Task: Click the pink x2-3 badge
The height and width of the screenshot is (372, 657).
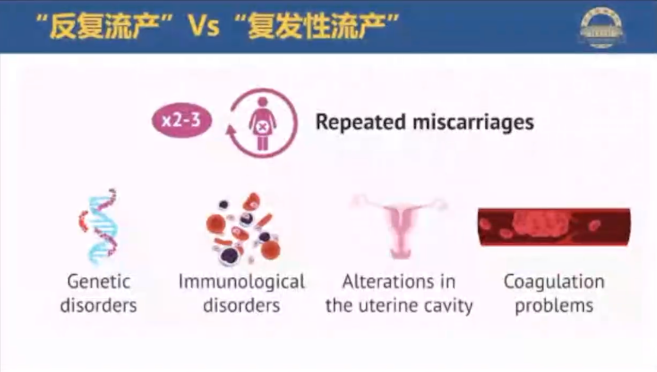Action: pos(182,120)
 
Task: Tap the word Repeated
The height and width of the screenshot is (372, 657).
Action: pos(361,122)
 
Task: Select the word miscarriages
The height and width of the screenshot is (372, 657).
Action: pos(474,122)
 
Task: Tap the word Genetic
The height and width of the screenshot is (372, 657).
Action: pos(99,282)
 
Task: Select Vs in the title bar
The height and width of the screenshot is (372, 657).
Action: pos(204,26)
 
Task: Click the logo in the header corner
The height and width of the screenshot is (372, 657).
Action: pos(602,27)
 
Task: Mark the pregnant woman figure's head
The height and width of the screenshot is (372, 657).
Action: pos(263,102)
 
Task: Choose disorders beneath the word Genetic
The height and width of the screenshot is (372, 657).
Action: pos(99,305)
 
